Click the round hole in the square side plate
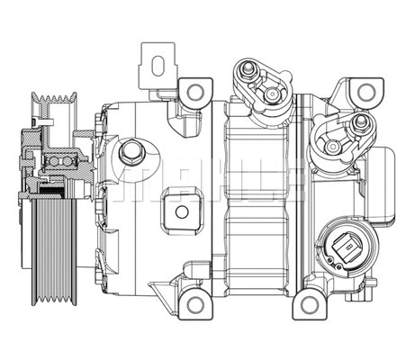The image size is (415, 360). [x=183, y=212]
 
